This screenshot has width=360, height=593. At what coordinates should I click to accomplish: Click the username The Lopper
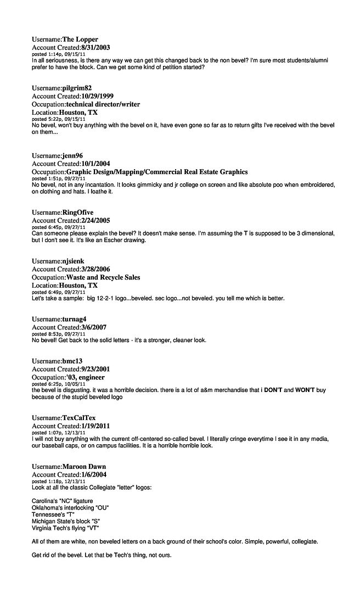pos(80,40)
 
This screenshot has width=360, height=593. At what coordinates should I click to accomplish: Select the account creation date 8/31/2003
pos(95,48)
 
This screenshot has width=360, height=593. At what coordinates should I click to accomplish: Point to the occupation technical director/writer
pos(103,104)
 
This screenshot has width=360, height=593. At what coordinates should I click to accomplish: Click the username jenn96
pos(72,155)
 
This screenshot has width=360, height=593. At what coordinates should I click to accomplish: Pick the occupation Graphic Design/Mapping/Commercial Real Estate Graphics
pos(157,172)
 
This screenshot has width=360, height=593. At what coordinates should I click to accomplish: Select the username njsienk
pos(73,261)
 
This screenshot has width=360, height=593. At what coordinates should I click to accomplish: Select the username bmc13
pos(72,361)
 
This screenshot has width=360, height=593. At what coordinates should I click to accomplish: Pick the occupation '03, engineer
pos(86,377)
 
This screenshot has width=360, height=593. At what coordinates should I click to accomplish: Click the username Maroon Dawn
pos(84,466)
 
